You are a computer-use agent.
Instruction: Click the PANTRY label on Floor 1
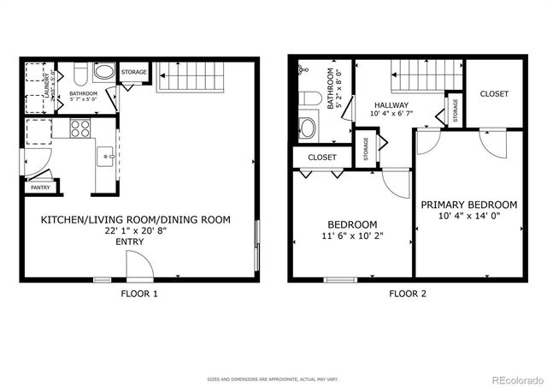[39, 187]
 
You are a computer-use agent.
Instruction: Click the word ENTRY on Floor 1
[129, 242]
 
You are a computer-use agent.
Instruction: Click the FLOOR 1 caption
[138, 294]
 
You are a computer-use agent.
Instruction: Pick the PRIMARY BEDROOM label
[468, 205]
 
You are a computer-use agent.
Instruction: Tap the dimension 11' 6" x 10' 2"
[351, 236]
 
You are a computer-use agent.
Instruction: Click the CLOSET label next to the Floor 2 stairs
[493, 93]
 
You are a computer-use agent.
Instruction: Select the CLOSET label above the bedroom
[322, 158]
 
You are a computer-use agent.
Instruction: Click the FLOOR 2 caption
[408, 294]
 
